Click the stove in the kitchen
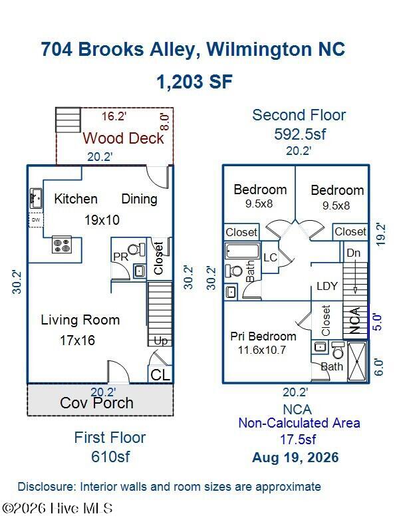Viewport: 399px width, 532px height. click(62, 245)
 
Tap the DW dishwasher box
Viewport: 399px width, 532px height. click(36, 219)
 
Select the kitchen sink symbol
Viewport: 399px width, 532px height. click(36, 198)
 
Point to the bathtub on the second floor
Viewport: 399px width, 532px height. click(242, 251)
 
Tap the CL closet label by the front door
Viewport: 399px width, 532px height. click(160, 375)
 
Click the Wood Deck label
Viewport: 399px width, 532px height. click(124, 138)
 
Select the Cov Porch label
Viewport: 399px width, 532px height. click(96, 403)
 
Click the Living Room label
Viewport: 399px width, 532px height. click(80, 320)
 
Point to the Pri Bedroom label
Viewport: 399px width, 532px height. click(263, 336)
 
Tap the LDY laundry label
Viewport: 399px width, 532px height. click(327, 286)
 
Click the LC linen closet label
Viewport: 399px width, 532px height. click(271, 257)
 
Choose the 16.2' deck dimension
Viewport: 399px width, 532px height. click(114, 116)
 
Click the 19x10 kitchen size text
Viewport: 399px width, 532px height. click(102, 220)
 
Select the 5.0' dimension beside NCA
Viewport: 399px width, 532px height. click(378, 322)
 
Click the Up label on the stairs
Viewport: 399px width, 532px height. click(161, 340)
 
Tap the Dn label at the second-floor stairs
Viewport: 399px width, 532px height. click(354, 253)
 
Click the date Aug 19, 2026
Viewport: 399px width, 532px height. click(295, 458)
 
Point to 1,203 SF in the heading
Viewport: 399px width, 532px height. click(195, 82)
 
